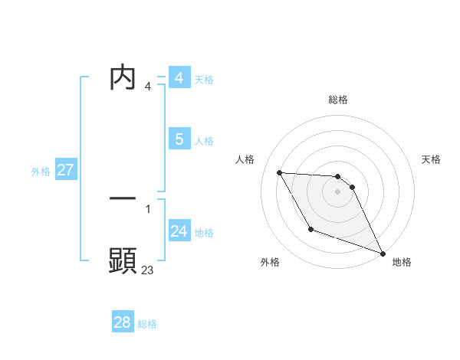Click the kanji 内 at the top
tap(123, 77)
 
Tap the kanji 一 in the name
tap(123, 198)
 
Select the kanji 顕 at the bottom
tap(123, 261)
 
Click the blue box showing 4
tap(179, 78)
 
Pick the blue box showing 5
tap(179, 139)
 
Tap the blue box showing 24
tap(179, 231)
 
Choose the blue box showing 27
tap(65, 170)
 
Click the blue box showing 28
tap(122, 322)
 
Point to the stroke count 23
tap(147, 270)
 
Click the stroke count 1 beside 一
tap(147, 208)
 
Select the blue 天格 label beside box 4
tap(204, 80)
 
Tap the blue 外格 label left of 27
tap(41, 172)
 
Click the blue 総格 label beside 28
tap(147, 324)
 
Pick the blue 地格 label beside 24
tap(204, 233)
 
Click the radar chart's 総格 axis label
tap(337, 100)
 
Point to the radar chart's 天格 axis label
tap(431, 159)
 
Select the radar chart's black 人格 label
tap(245, 159)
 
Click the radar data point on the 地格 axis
tap(383, 254)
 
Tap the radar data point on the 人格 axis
tap(279, 172)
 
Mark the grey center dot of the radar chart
tap(337, 191)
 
